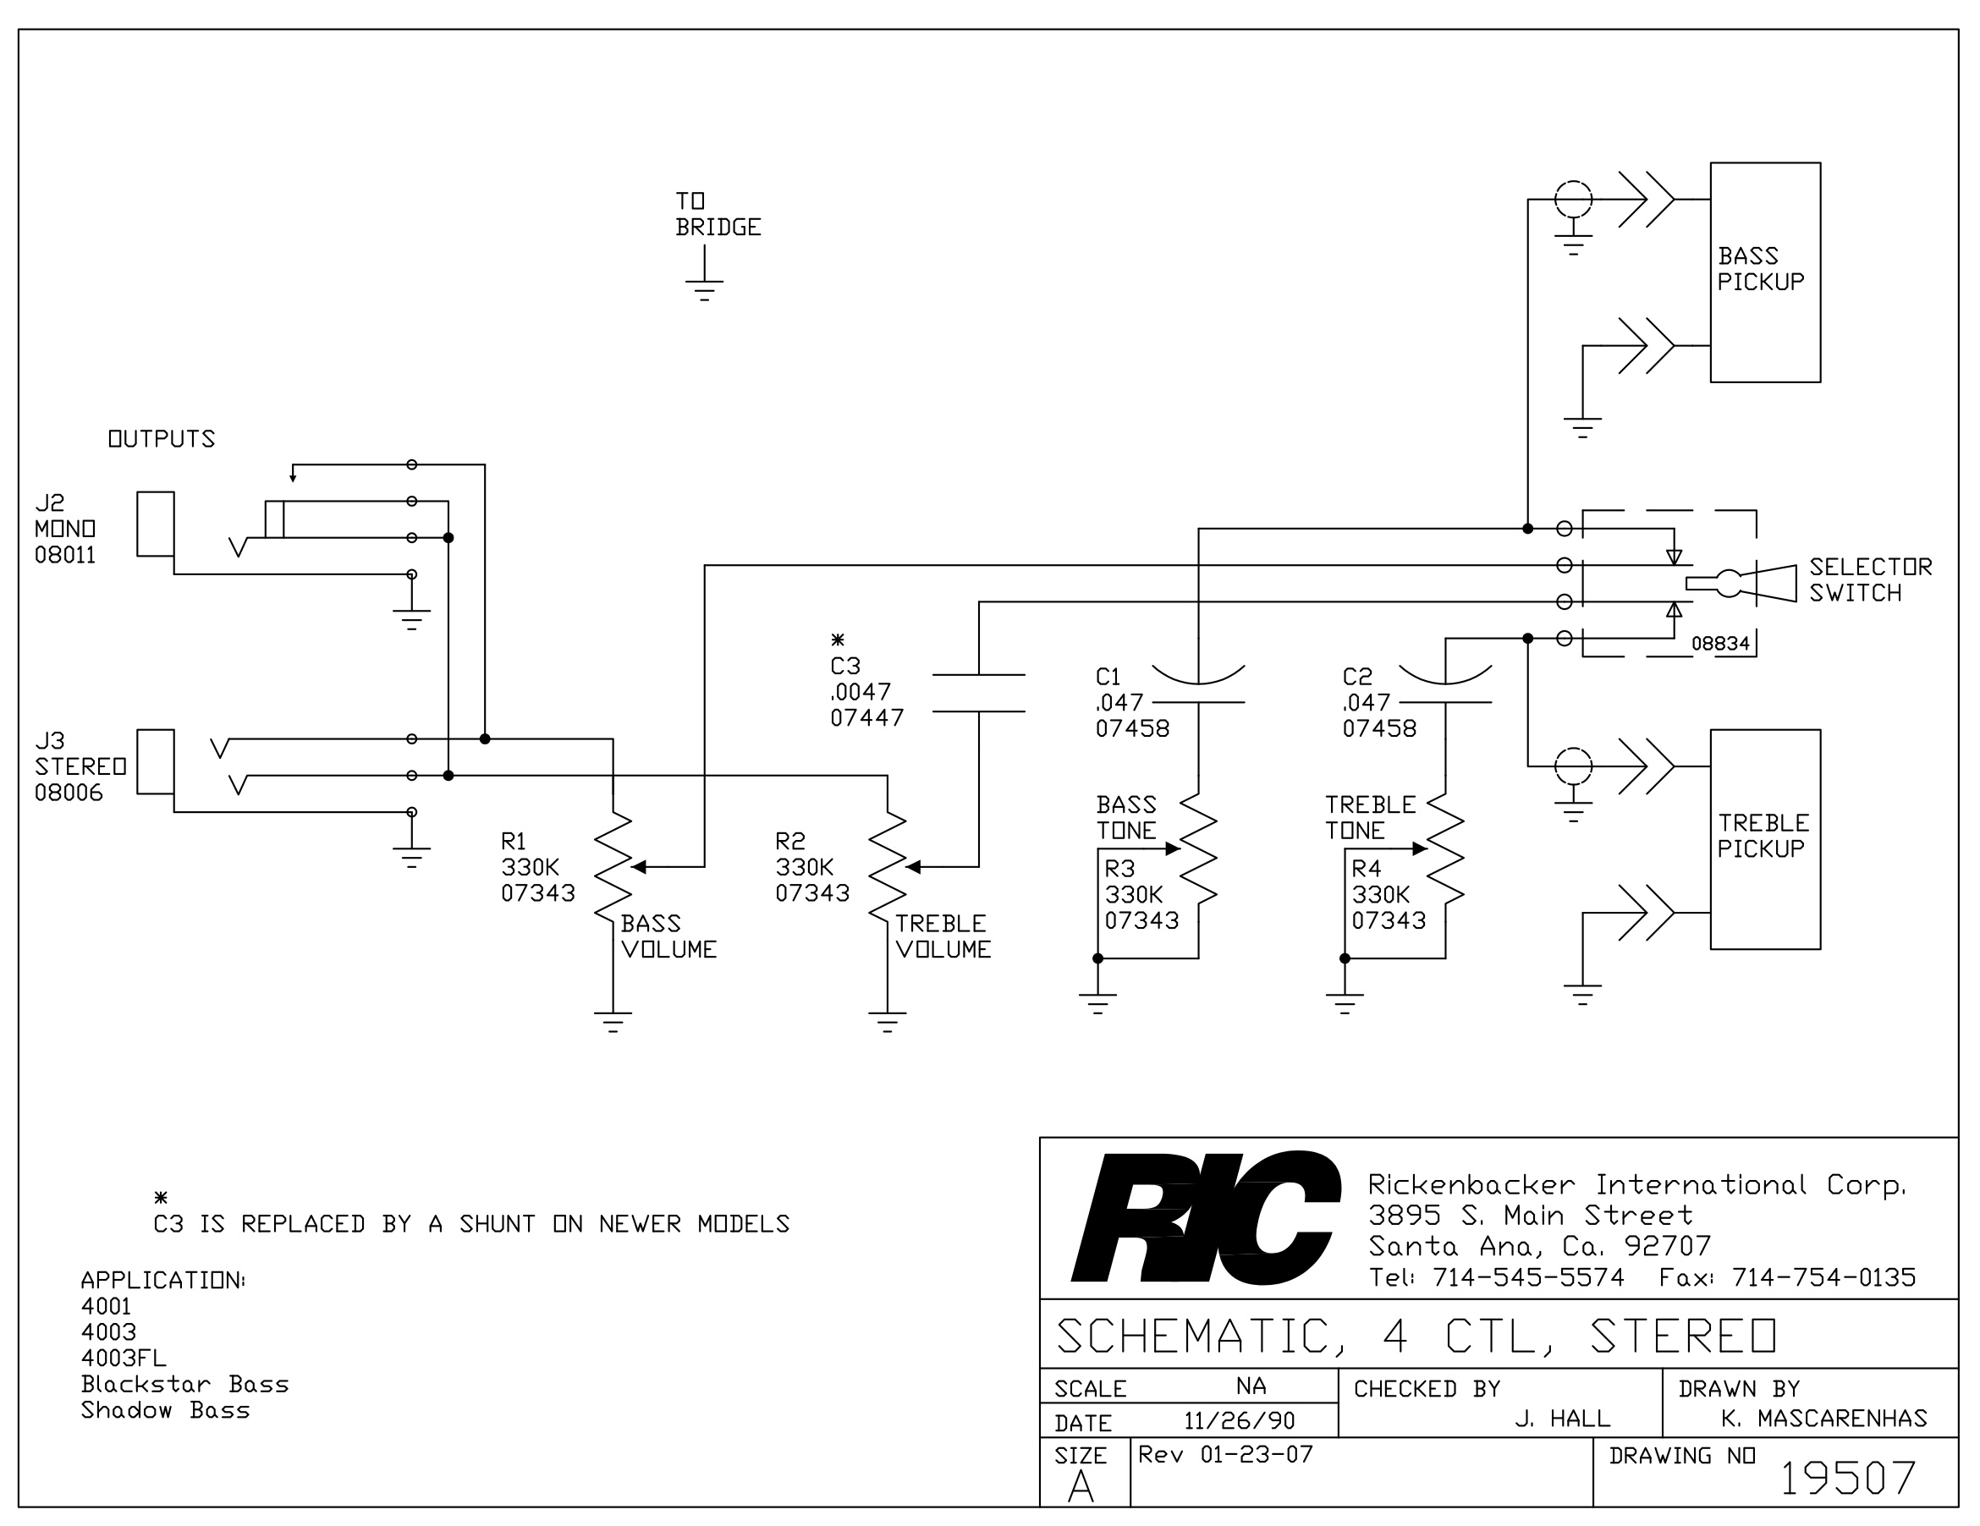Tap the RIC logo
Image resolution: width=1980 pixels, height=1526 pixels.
click(1206, 1216)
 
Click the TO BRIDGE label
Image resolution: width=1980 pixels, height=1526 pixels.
click(718, 214)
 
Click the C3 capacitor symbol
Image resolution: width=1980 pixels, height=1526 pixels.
click(979, 694)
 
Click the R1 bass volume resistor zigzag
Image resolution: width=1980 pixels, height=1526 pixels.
click(613, 867)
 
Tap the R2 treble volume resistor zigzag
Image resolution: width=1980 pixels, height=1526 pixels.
click(888, 867)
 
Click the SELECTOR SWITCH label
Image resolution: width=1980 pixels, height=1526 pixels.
click(1870, 580)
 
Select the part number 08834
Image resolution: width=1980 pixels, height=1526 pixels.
click(1719, 645)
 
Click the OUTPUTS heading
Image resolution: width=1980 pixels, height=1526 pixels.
click(162, 438)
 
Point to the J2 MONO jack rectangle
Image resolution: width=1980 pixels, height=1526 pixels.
click(155, 524)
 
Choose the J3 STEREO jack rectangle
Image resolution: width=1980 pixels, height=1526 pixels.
click(155, 762)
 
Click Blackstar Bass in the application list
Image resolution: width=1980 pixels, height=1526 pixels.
click(185, 1384)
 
